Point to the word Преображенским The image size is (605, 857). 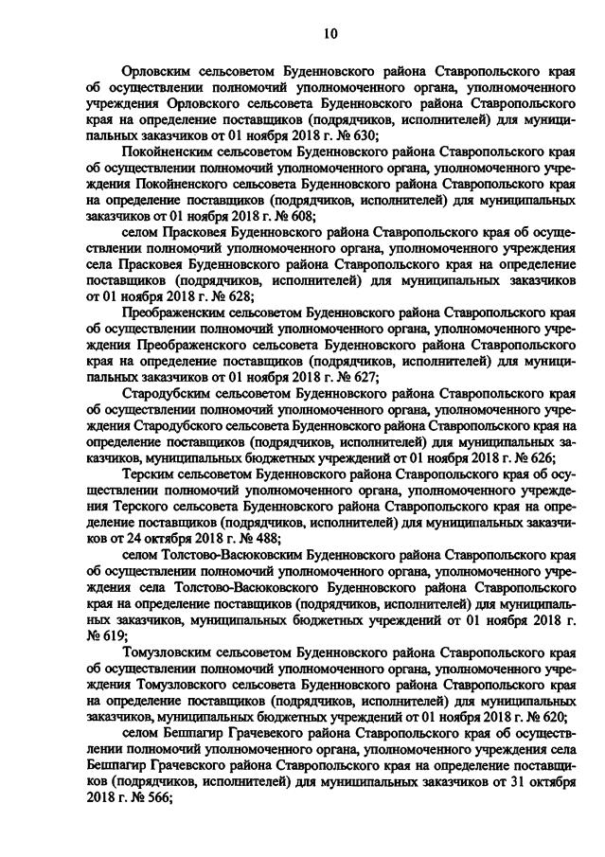(179, 312)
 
